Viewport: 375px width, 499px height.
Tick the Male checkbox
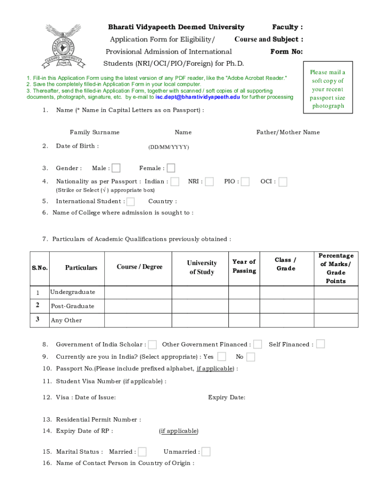click(x=116, y=168)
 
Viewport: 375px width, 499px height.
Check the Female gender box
click(x=171, y=168)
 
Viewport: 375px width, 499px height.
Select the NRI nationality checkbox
click(x=209, y=182)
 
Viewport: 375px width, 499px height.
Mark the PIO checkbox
click(x=245, y=182)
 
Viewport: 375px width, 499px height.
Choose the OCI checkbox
click(x=282, y=182)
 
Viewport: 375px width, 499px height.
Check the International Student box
click(x=131, y=201)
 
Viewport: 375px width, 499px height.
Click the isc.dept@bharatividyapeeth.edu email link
click(x=197, y=97)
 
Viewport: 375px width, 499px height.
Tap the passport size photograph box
click(x=328, y=89)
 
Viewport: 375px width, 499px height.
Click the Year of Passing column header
click(x=244, y=267)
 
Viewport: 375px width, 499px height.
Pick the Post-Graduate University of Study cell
click(x=201, y=306)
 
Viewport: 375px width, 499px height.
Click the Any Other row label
click(x=67, y=320)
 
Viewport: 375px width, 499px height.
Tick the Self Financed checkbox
click(x=320, y=344)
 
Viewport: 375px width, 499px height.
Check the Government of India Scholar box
click(x=152, y=345)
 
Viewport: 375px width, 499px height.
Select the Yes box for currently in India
click(x=222, y=356)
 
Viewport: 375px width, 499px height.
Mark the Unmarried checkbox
click(x=206, y=452)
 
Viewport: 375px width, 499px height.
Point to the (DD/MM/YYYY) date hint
click(x=169, y=147)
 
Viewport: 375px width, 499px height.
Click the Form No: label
click(x=286, y=52)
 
